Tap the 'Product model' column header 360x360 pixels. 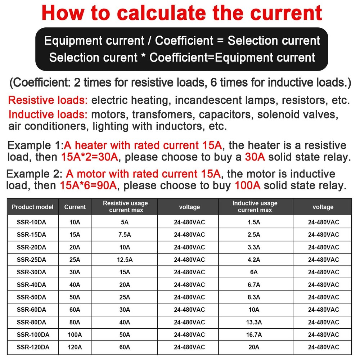[32, 207]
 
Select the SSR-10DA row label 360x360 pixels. [31, 222]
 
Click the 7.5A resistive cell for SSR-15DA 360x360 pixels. [125, 235]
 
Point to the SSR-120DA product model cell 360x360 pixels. [33, 347]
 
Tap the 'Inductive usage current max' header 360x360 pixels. [255, 207]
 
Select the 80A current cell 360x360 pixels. [75, 322]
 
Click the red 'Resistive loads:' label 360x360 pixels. [48, 100]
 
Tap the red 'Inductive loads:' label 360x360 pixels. [48, 115]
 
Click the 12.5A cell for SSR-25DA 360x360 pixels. [125, 260]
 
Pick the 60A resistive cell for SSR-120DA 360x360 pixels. [125, 347]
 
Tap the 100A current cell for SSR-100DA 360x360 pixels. [75, 335]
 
